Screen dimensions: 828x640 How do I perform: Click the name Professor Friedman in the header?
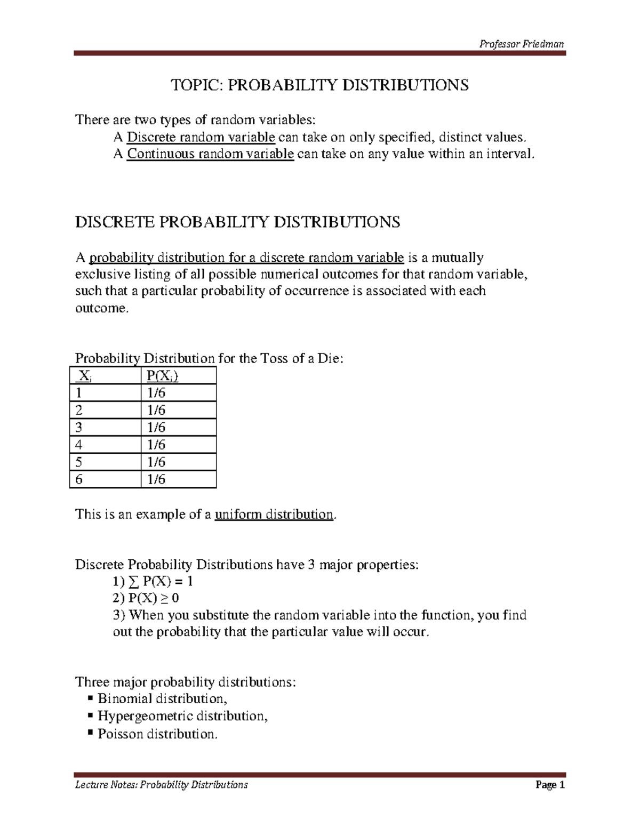tap(521, 44)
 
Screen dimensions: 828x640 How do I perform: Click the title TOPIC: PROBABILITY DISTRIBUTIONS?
tap(319, 85)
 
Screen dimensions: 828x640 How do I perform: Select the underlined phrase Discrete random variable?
tap(201, 138)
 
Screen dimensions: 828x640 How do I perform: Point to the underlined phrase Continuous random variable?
tap(210, 155)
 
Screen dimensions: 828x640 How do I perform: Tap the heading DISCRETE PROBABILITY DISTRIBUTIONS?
tap(237, 222)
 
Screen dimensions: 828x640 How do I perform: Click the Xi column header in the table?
tap(84, 376)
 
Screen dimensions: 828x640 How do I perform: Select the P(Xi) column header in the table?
tap(162, 376)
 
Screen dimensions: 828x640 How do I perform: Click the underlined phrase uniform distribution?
tap(274, 515)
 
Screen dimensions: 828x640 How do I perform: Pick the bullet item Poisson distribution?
tap(157, 734)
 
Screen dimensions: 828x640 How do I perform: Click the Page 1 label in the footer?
tap(550, 785)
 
